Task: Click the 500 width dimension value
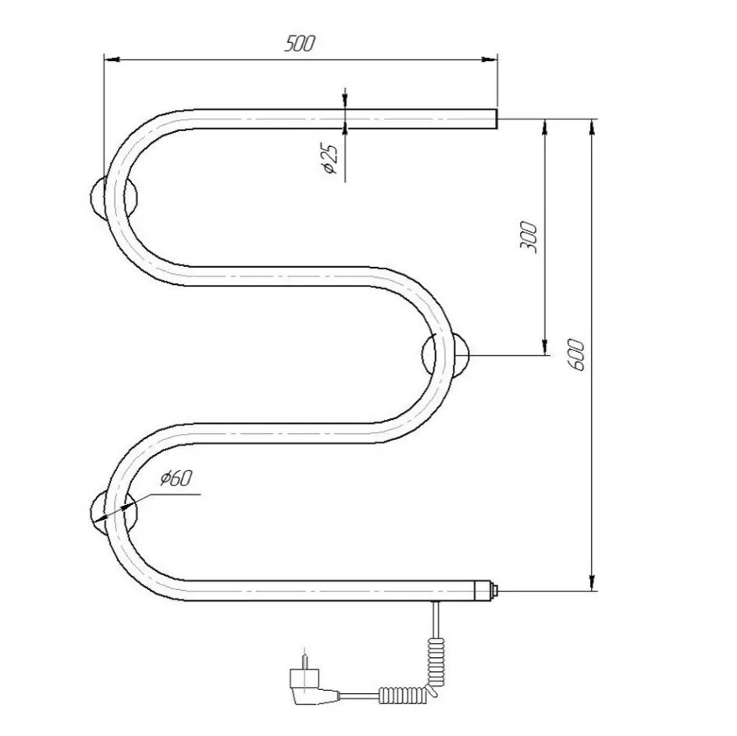299,44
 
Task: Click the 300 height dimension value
529,236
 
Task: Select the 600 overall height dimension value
578,354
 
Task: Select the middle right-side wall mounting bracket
447,355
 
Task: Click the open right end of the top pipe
494,119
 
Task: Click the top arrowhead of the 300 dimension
544,126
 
